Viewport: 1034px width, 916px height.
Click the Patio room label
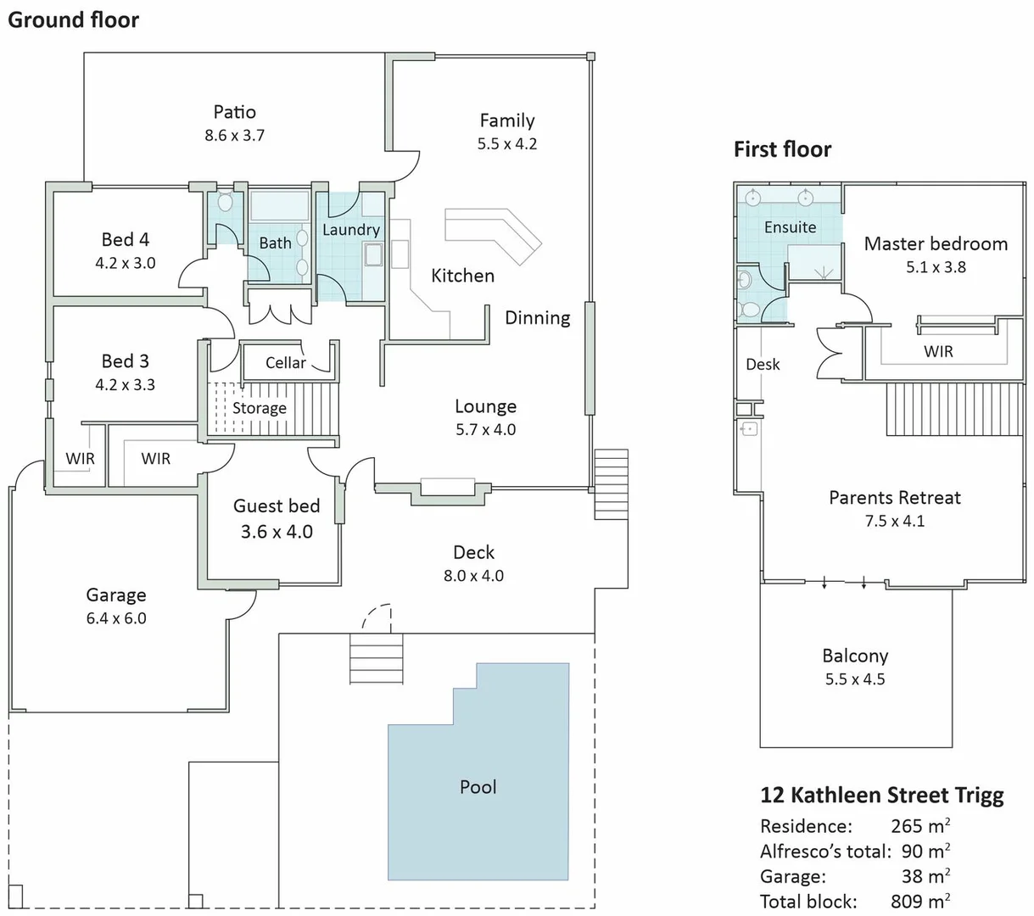click(x=234, y=112)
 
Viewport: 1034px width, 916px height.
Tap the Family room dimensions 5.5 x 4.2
click(x=506, y=144)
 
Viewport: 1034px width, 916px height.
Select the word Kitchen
click(x=462, y=276)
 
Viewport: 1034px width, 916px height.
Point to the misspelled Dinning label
click(x=537, y=318)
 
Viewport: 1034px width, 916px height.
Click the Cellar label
click(x=285, y=363)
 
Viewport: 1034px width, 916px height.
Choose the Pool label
click(x=478, y=787)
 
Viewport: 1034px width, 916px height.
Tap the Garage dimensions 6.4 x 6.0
click(x=116, y=618)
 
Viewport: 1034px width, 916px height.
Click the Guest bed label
click(x=277, y=506)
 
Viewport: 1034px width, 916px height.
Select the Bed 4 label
click(x=126, y=240)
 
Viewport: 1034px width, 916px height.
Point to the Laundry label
click(x=350, y=230)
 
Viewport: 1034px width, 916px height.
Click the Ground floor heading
click(x=73, y=20)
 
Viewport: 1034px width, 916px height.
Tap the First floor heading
click(x=782, y=150)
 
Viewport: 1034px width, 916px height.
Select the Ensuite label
click(x=790, y=227)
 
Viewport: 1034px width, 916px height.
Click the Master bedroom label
click(x=936, y=244)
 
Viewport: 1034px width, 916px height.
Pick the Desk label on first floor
click(x=763, y=365)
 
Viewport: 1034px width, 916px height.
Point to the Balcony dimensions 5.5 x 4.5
click(x=855, y=679)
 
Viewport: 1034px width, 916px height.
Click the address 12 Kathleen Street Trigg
click(x=881, y=796)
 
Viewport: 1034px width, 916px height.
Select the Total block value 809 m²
click(x=919, y=901)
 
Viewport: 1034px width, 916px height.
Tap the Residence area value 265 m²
click(x=919, y=826)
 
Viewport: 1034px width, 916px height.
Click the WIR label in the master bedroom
click(x=938, y=352)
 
